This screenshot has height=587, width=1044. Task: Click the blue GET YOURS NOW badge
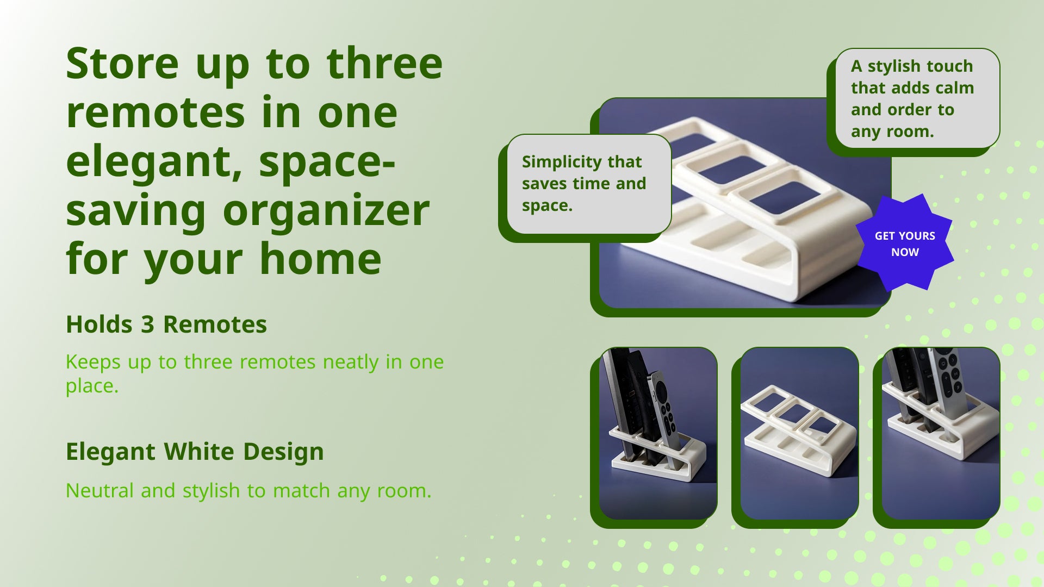point(905,243)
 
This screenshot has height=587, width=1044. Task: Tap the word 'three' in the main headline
point(384,64)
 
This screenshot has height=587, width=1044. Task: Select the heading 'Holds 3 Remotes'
point(166,324)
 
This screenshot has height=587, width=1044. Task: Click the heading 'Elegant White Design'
point(195,452)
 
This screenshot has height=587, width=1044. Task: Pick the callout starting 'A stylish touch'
point(917,98)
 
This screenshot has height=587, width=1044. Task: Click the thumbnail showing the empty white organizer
point(799,433)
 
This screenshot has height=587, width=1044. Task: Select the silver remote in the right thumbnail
point(948,380)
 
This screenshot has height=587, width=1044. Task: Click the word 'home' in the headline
point(321,259)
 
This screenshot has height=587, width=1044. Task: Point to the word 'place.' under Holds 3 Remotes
point(92,386)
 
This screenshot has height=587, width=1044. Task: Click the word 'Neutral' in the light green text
point(100,491)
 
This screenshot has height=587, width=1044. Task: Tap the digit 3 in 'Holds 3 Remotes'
point(148,325)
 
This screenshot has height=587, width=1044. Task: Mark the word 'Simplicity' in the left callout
point(562,163)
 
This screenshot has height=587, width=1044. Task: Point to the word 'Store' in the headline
point(122,64)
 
